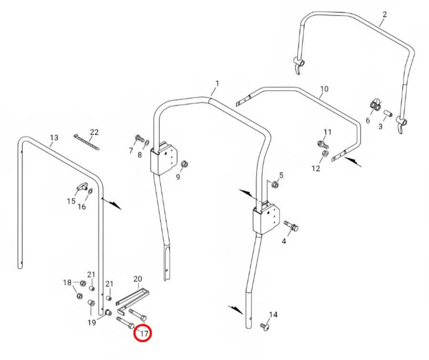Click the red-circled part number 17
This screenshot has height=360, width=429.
pos(144,333)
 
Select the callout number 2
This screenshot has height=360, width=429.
pos(385,14)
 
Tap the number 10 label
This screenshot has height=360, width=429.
pos(324,89)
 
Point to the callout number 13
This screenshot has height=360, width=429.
pos(54,137)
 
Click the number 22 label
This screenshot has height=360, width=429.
pos(94,132)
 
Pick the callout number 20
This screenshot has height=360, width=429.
pos(138,278)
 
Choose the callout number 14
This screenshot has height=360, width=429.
pos(273,315)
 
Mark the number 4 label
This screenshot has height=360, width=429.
pos(284,241)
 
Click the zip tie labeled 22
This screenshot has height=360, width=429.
pos(86,142)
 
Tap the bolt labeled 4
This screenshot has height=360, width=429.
pos(291,226)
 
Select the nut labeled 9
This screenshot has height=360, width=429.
pos(185,164)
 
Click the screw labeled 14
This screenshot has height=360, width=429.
pos(265,327)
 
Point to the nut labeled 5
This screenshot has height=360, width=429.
pos(275,185)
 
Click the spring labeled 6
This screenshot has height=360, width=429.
pos(376,105)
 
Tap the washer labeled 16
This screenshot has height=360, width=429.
pos(90,191)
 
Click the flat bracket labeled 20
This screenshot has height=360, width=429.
pos(133,300)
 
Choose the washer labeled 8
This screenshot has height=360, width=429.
pos(147,143)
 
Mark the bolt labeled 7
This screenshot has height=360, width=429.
pos(140,138)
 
